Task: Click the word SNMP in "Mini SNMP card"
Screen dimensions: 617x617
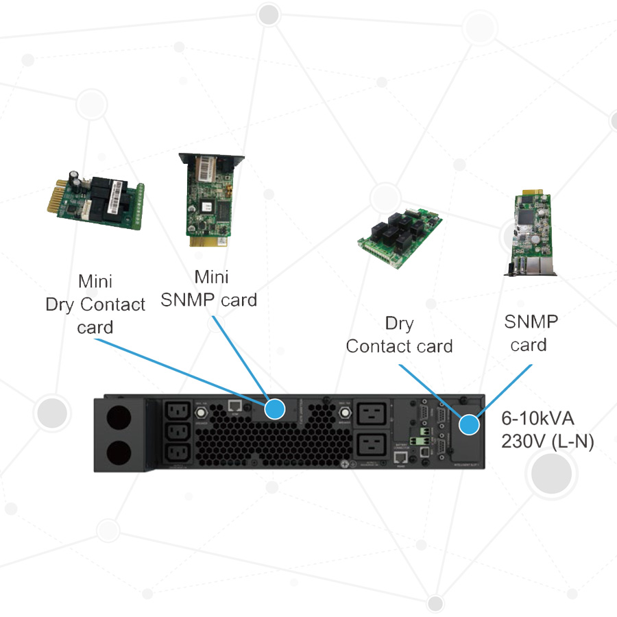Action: click(x=193, y=300)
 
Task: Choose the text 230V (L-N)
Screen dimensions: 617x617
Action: click(x=548, y=442)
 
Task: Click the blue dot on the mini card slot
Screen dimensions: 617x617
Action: click(x=275, y=409)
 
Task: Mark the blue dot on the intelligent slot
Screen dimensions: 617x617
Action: click(x=470, y=425)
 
